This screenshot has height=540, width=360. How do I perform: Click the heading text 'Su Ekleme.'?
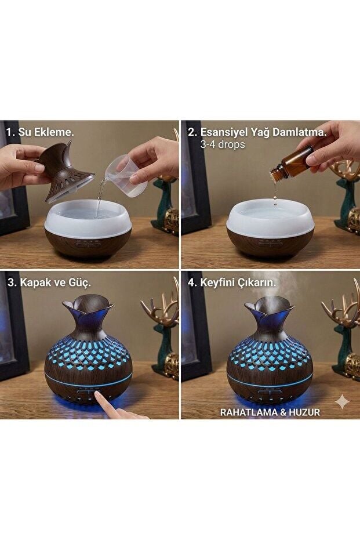pyautogui.click(x=46, y=132)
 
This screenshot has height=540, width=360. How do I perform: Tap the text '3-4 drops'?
pyautogui.click(x=223, y=144)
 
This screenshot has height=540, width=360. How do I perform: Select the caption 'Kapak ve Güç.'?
pyautogui.click(x=56, y=282)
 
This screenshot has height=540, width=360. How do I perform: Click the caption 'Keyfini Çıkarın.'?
pyautogui.click(x=238, y=282)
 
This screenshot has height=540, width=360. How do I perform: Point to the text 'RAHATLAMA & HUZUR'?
pyautogui.click(x=270, y=412)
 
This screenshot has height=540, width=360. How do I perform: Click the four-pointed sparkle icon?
pyautogui.click(x=342, y=401)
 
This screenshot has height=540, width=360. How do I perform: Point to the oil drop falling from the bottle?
pyautogui.click(x=275, y=198)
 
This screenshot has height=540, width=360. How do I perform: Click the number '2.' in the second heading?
pyautogui.click(x=192, y=133)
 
